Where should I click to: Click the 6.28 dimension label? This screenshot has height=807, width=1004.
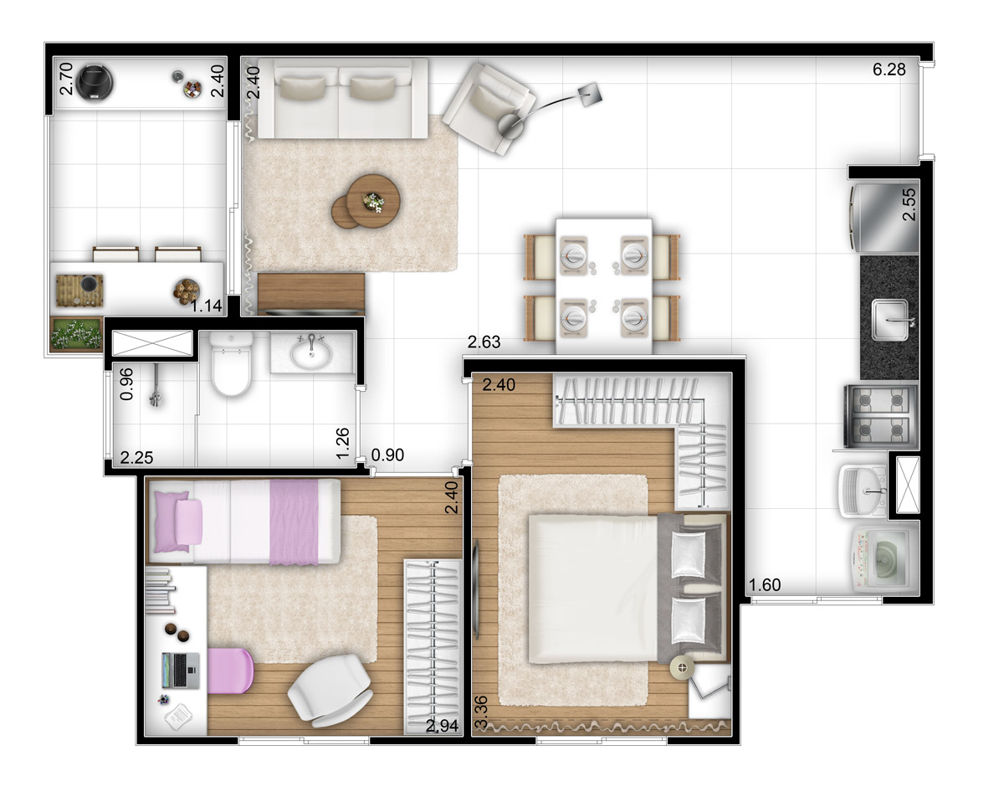[889, 69]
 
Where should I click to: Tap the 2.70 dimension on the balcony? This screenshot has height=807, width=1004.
[67, 79]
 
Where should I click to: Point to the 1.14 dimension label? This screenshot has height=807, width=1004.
[206, 306]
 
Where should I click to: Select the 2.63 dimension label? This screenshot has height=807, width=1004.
[484, 342]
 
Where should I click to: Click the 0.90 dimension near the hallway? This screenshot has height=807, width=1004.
[387, 455]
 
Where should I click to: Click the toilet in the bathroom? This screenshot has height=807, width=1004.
[231, 363]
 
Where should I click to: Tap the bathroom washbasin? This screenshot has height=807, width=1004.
[311, 352]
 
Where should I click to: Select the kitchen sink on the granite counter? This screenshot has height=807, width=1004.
[890, 320]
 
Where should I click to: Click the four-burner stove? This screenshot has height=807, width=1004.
[881, 416]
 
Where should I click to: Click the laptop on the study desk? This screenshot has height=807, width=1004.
[181, 671]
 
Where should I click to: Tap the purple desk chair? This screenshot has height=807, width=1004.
[230, 671]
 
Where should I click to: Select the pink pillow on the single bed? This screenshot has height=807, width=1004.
[189, 522]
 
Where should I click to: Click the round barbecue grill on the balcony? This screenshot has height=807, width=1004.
[95, 83]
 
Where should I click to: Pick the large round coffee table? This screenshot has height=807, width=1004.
[373, 201]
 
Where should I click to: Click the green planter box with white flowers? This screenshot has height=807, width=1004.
[76, 333]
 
